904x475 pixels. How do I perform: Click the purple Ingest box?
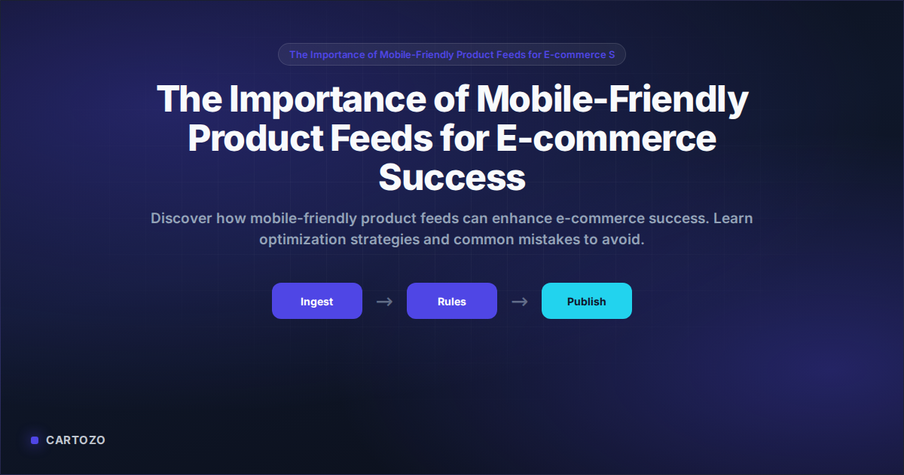click(316, 301)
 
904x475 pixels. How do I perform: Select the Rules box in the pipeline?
click(451, 301)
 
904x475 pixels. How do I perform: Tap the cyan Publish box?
click(586, 301)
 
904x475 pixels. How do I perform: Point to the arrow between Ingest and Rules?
click(384, 302)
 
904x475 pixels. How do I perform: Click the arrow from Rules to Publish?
click(519, 302)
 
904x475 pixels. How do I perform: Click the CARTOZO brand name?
click(75, 440)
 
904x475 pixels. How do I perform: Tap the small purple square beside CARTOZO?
click(35, 440)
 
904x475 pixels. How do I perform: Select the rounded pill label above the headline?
click(452, 54)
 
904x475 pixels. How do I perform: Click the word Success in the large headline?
click(451, 178)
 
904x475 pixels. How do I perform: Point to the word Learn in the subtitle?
click(733, 219)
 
